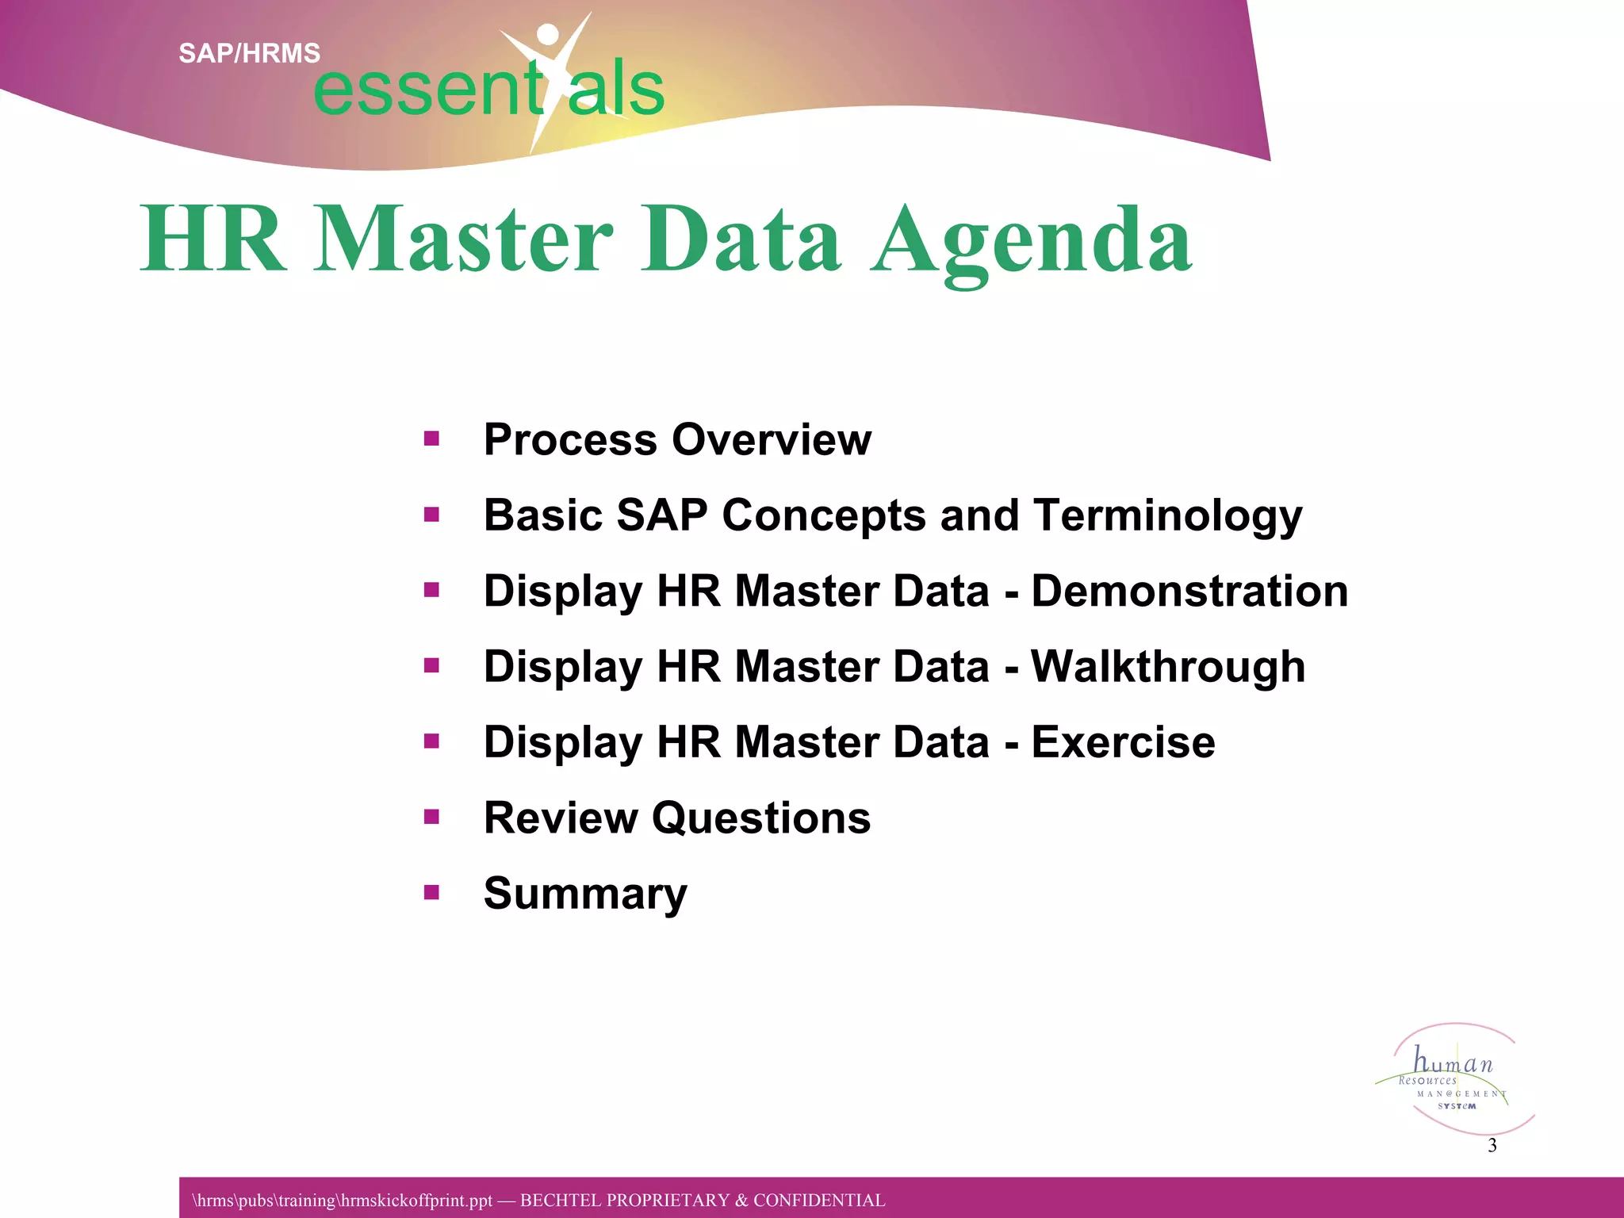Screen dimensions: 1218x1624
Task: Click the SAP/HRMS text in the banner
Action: pyautogui.click(x=249, y=53)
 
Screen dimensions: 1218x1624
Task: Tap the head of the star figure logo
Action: pyautogui.click(x=548, y=34)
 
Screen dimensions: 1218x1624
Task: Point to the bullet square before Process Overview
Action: pyautogui.click(x=431, y=439)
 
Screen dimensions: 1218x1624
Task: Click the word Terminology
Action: pyautogui.click(x=1167, y=515)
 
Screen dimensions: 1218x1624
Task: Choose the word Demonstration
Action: pyautogui.click(x=1189, y=592)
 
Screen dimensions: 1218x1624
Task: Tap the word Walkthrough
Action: pyautogui.click(x=1167, y=667)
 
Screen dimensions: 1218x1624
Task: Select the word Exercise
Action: pyautogui.click(x=1123, y=742)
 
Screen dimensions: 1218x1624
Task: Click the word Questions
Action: pyautogui.click(x=760, y=818)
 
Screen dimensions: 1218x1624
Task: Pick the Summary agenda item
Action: pyautogui.click(x=585, y=894)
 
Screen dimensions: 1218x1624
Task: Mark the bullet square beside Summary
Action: pyautogui.click(x=431, y=893)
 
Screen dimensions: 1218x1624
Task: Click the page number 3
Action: pyautogui.click(x=1492, y=1145)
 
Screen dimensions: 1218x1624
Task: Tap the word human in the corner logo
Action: pyautogui.click(x=1453, y=1061)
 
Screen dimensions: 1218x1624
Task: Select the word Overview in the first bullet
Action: pyautogui.click(x=771, y=439)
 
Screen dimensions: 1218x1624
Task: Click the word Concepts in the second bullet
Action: pyautogui.click(x=823, y=515)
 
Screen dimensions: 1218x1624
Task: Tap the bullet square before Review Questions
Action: pyautogui.click(x=431, y=818)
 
